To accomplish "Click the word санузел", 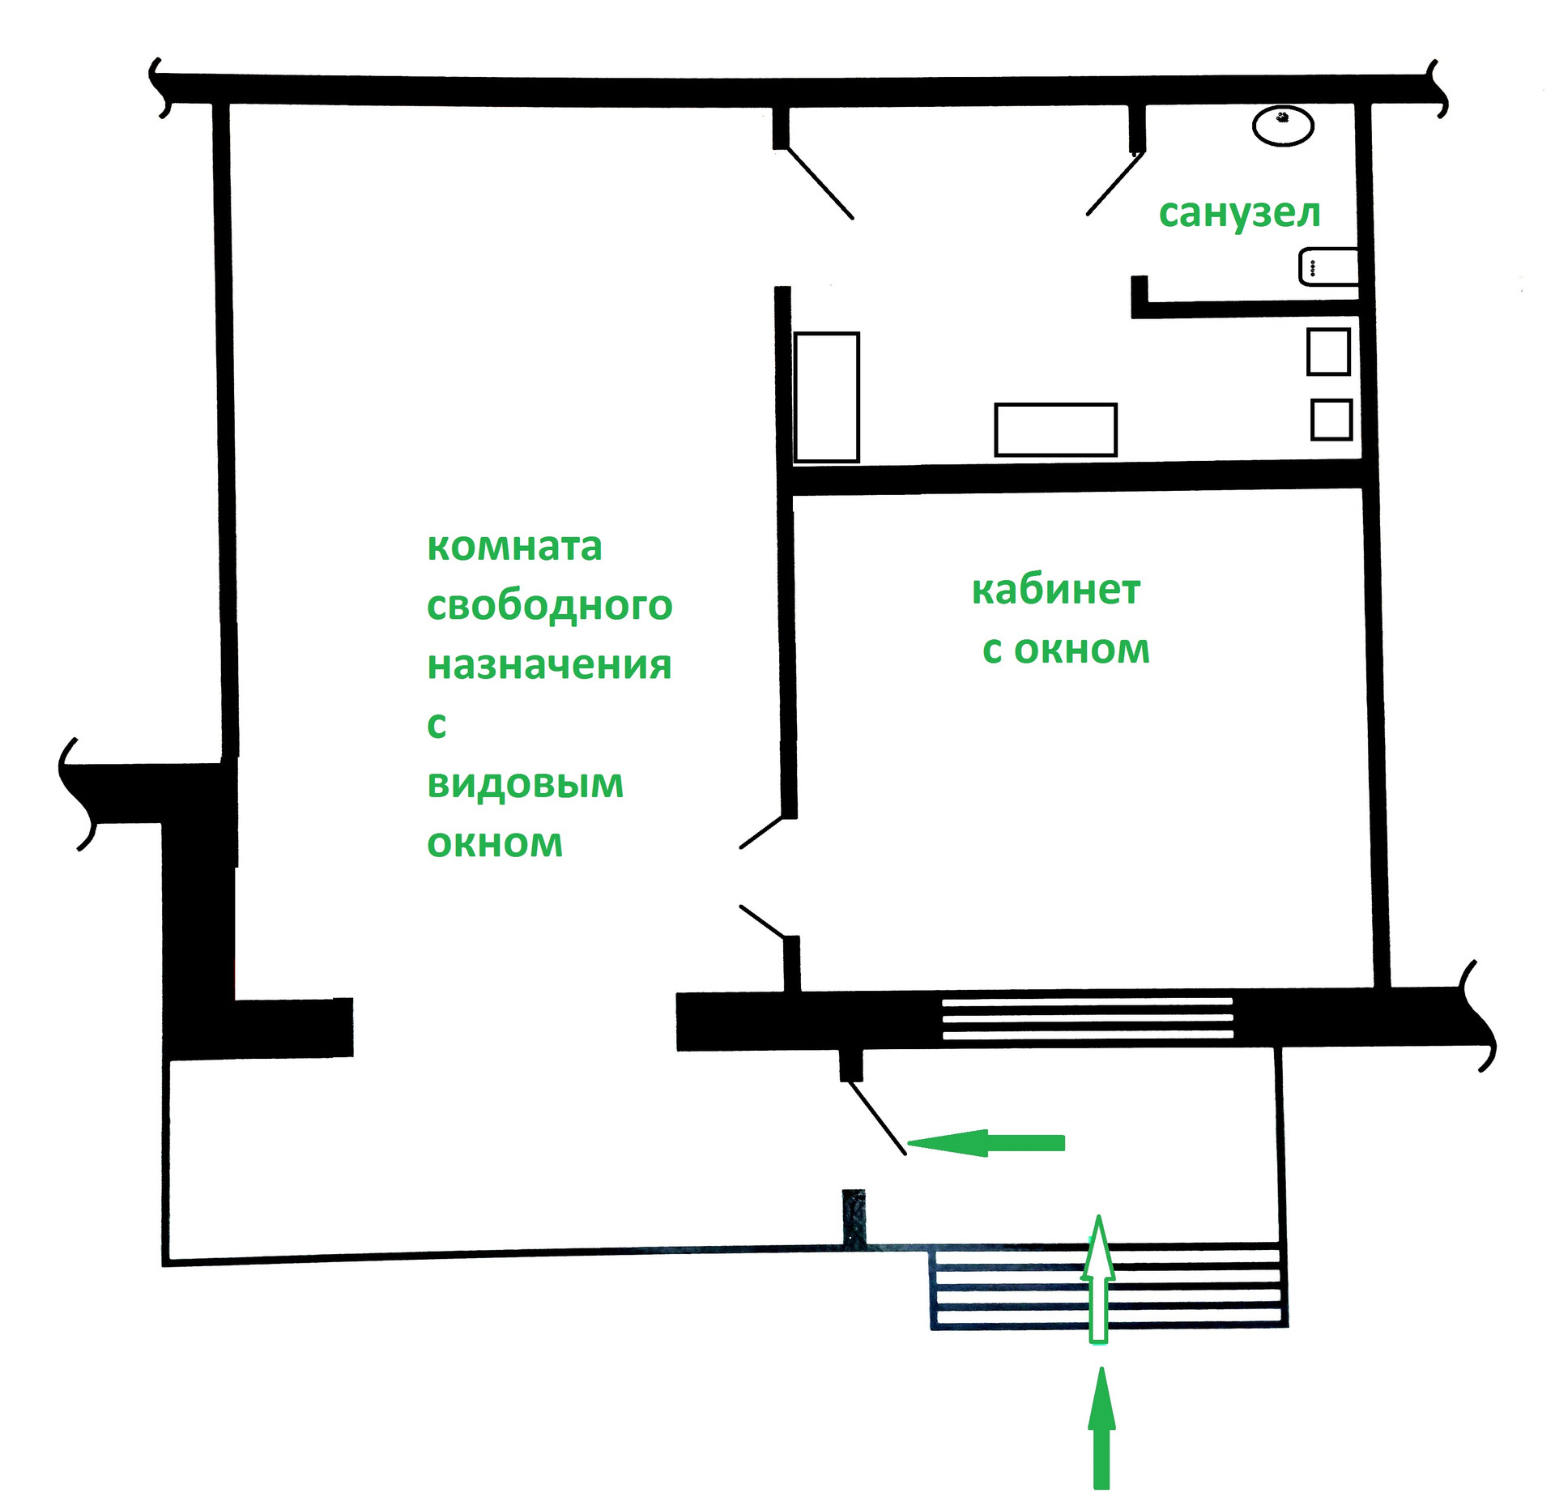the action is [x=1239, y=214].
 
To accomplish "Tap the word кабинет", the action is [x=1055, y=591].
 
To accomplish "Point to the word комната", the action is [x=514, y=547].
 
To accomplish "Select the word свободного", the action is [x=549, y=607].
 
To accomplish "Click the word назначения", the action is [x=549, y=665].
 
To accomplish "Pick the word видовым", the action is [x=525, y=784].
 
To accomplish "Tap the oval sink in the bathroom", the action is [x=1283, y=126].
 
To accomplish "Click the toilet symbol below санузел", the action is [x=1328, y=267].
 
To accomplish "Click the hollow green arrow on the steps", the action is [x=1098, y=1280].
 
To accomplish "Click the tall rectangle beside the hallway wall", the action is [x=826, y=397].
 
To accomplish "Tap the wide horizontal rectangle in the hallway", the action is [x=1055, y=429].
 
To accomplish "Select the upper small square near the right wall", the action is [x=1328, y=352].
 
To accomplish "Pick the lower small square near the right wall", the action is [x=1331, y=420].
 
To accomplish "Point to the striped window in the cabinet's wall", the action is [x=1087, y=1018].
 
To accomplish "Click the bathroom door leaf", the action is [x=1115, y=184].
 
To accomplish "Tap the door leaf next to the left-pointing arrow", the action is [x=877, y=1118].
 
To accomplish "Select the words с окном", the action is [x=1066, y=651].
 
